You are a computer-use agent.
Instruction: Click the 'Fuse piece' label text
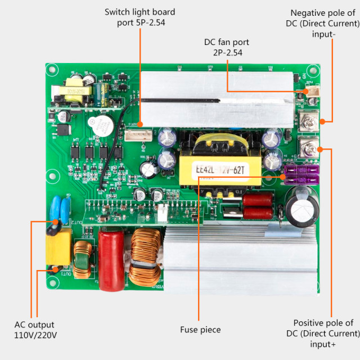tap(200, 330)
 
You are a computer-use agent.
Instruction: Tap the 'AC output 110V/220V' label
tap(34, 330)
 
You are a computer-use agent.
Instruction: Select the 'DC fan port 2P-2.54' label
tap(226, 47)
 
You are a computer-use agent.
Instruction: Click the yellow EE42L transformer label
tap(220, 168)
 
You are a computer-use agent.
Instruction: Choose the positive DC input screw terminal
tap(307, 148)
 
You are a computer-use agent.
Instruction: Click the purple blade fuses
tap(302, 175)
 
